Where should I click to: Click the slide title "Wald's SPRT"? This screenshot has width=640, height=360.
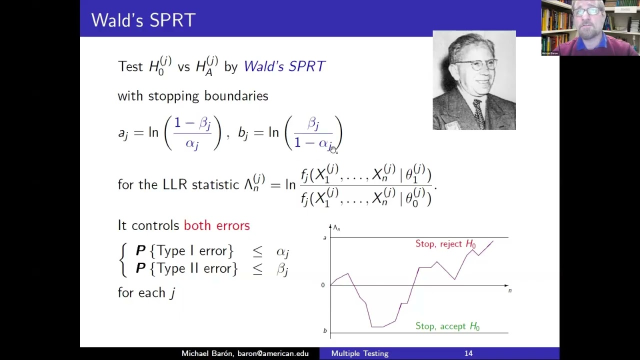click(x=143, y=20)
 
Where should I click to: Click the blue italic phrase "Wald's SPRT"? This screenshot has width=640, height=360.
click(x=284, y=66)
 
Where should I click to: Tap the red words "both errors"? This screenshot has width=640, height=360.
click(x=216, y=225)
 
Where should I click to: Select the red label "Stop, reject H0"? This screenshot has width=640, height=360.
click(x=445, y=244)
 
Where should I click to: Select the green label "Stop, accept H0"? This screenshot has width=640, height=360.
click(x=447, y=326)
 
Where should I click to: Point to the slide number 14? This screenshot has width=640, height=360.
click(x=468, y=353)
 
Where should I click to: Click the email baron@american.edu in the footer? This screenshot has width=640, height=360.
click(x=272, y=353)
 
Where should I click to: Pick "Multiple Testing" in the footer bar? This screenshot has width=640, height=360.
click(x=359, y=353)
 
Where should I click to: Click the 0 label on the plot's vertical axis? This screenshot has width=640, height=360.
click(x=323, y=285)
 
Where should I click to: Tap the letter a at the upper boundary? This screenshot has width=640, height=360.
click(x=324, y=238)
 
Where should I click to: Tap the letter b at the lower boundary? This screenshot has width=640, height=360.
click(x=324, y=331)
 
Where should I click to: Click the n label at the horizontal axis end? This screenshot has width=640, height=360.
click(x=510, y=290)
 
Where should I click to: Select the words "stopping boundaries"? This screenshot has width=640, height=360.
click(x=208, y=96)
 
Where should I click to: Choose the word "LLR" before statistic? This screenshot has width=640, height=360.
click(x=175, y=184)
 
